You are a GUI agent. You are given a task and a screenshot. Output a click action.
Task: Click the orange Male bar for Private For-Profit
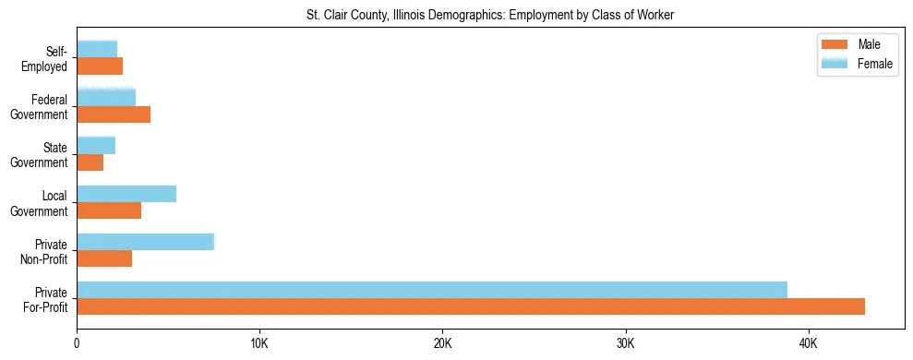click(471, 306)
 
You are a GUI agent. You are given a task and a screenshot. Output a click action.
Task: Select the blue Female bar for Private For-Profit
click(432, 290)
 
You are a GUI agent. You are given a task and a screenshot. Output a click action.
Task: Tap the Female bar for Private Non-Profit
click(145, 242)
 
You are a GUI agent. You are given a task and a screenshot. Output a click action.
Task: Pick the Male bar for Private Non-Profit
click(104, 258)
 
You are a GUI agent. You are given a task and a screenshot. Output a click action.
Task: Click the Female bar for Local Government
click(126, 194)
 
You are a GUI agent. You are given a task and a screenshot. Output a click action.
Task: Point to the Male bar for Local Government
click(109, 210)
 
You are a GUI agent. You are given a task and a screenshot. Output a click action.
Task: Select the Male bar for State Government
click(90, 162)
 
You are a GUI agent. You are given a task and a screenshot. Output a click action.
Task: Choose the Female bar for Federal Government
click(106, 97)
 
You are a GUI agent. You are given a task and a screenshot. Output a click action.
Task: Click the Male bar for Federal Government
click(114, 114)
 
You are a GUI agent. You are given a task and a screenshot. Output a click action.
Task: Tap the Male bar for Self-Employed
click(100, 66)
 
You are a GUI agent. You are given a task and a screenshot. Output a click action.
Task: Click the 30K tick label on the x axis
click(626, 343)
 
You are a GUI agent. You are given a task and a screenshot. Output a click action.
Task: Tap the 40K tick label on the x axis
click(809, 343)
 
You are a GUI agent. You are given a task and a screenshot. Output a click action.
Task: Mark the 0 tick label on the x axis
click(77, 343)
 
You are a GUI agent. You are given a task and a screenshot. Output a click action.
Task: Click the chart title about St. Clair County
click(490, 15)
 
